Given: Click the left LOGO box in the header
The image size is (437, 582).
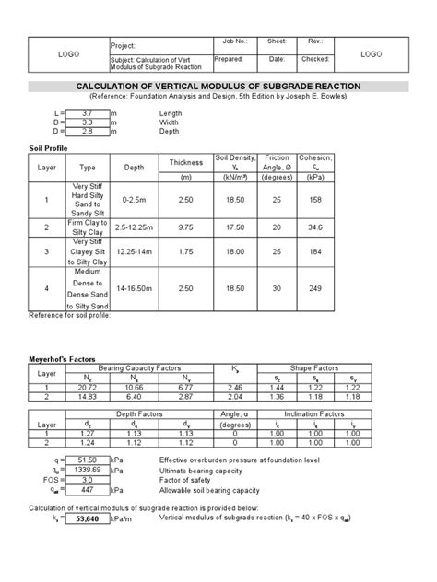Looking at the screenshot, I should (x=68, y=54).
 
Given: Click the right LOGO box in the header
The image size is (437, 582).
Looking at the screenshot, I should (x=371, y=54).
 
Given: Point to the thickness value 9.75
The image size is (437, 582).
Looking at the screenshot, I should (x=186, y=227).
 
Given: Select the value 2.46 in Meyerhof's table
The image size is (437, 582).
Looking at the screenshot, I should (x=234, y=389).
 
